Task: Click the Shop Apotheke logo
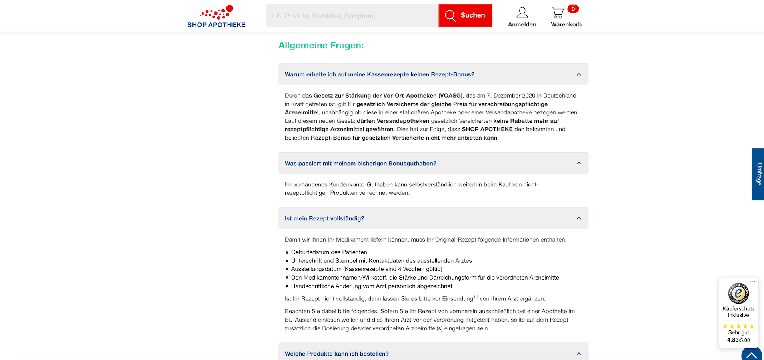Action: tap(216, 17)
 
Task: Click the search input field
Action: tap(352, 16)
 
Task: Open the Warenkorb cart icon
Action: tap(558, 13)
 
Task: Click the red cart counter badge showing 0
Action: tap(573, 9)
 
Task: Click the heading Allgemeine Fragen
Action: tap(321, 46)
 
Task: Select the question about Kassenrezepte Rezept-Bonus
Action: tap(379, 74)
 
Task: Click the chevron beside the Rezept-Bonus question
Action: tap(578, 74)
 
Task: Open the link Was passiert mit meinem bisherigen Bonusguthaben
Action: tap(360, 164)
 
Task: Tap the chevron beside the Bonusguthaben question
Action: tap(578, 163)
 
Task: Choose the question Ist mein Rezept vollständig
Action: tap(324, 218)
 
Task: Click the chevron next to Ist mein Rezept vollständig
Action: tap(578, 218)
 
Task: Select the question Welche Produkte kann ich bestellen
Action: tap(336, 354)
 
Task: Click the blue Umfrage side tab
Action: tap(758, 174)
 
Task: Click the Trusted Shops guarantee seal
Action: tap(738, 293)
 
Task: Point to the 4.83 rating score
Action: tap(733, 340)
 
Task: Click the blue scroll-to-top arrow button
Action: tap(752, 355)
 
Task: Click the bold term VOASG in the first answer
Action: tap(450, 96)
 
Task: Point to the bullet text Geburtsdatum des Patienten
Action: tap(329, 252)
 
